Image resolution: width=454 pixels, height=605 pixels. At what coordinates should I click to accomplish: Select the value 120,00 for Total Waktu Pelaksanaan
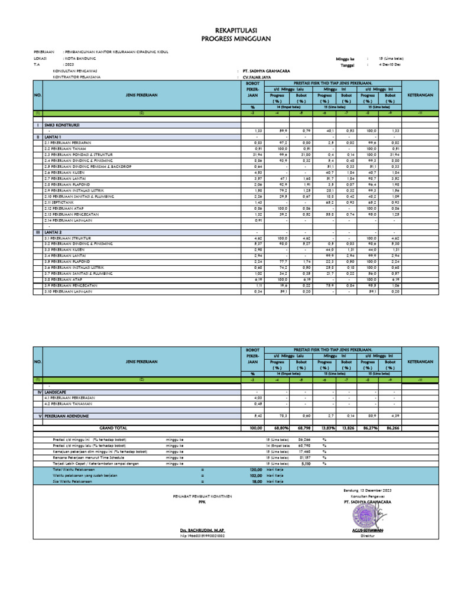(255, 469)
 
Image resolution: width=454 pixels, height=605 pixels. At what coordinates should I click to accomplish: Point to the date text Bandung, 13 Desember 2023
(368, 490)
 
